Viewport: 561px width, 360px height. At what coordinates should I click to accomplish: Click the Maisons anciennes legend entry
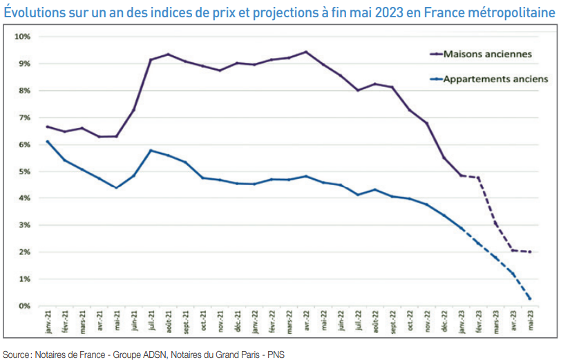(x=487, y=53)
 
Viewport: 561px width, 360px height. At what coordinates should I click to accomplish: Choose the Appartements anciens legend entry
(x=495, y=79)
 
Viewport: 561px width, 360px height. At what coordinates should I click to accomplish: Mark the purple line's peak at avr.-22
(x=306, y=52)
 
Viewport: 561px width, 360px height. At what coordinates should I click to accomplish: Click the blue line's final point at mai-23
(x=530, y=299)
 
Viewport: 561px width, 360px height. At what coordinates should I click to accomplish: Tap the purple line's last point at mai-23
(x=530, y=252)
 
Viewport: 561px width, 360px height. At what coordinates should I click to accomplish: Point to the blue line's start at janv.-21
(x=47, y=142)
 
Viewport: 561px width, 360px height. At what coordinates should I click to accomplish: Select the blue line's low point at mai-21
(x=116, y=188)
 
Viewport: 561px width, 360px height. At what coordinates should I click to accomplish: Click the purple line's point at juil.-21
(x=151, y=59)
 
